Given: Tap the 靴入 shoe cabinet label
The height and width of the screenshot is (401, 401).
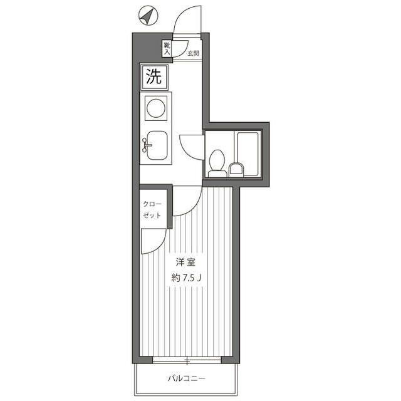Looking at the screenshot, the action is click(x=167, y=49).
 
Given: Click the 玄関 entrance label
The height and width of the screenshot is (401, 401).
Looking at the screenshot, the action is click(x=194, y=53).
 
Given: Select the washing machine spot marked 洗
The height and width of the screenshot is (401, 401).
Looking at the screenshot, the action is click(x=154, y=77).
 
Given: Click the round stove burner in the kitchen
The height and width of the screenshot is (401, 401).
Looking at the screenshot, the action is click(x=155, y=108).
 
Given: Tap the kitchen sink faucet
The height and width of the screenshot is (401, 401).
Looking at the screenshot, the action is click(x=147, y=145).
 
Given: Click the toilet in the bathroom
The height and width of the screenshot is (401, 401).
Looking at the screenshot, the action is click(x=217, y=164).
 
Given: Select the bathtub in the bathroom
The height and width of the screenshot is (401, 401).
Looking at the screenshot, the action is click(x=248, y=154).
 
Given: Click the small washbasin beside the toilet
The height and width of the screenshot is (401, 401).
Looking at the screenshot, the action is click(x=236, y=170).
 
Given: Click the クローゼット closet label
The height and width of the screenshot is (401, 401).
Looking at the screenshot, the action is click(x=152, y=210).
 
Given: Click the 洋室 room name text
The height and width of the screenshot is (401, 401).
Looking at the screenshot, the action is click(x=185, y=263).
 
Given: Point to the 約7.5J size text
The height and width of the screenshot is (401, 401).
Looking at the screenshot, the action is click(x=186, y=278).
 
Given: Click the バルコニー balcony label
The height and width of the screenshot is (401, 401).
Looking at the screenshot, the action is click(x=187, y=378).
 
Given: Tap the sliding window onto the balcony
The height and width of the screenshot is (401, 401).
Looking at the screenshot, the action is click(x=187, y=361).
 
